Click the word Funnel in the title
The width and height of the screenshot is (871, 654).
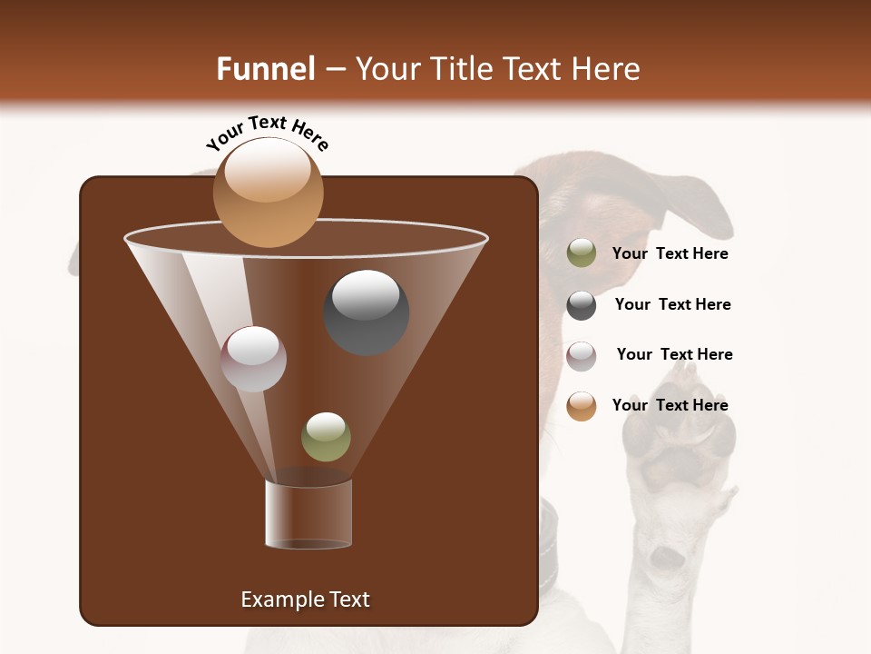[266, 69]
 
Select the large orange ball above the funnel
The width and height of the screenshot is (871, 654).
[268, 192]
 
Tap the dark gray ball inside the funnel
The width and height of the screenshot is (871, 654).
[367, 312]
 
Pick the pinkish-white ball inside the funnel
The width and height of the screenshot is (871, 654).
[253, 359]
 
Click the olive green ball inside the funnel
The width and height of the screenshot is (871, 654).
[326, 436]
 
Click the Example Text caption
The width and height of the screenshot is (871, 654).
[305, 599]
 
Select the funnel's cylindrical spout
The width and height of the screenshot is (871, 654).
[308, 514]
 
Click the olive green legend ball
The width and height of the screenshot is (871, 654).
[582, 253]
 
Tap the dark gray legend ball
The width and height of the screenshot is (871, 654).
[582, 305]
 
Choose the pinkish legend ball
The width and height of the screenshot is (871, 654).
[582, 355]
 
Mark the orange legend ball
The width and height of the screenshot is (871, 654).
[582, 406]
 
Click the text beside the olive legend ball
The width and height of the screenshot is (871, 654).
[670, 253]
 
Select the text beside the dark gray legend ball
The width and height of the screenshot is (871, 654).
[672, 304]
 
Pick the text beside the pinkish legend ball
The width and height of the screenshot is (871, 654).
[674, 354]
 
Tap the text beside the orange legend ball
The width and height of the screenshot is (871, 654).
[670, 405]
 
